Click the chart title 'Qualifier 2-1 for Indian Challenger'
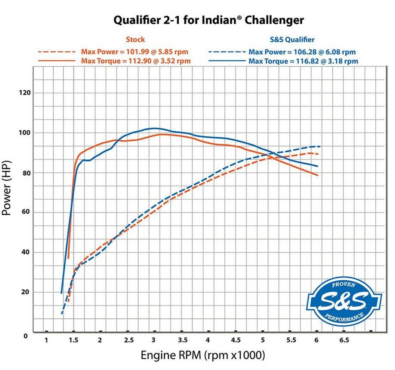pyautogui.click(x=208, y=20)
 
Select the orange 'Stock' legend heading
pyautogui.click(x=135, y=40)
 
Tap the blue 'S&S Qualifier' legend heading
pyautogui.click(x=292, y=40)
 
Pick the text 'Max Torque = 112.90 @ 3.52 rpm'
pyautogui.click(x=136, y=61)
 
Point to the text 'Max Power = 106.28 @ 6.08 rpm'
pyautogui.click(x=302, y=52)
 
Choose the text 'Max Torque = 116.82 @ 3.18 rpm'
pyautogui.click(x=303, y=61)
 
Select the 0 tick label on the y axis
pyautogui.click(x=26, y=335)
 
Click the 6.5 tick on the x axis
pyautogui.click(x=344, y=340)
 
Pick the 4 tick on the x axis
pyautogui.click(x=208, y=340)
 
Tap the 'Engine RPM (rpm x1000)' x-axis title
pyautogui.click(x=202, y=356)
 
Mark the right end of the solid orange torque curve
pyautogui.click(x=318, y=175)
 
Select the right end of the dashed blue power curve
pyautogui.click(x=320, y=147)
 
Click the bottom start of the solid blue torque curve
pyautogui.click(x=61, y=293)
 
